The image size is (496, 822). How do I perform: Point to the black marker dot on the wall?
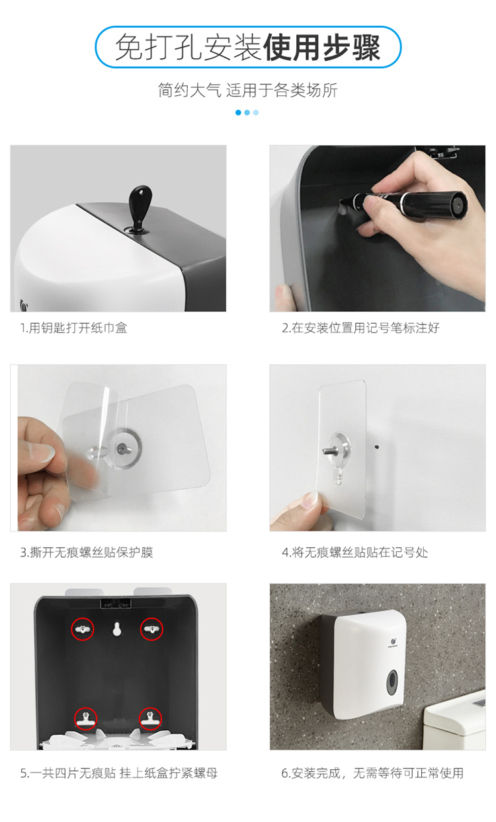tap(376, 447)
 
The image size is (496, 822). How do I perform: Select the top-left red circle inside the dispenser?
tap(82, 629)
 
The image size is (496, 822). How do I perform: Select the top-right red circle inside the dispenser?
tap(151, 629)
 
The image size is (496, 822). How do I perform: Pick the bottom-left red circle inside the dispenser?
tap(85, 718)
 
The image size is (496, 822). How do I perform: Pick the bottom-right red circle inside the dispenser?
tap(150, 718)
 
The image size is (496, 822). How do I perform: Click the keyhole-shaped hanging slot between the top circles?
tap(117, 628)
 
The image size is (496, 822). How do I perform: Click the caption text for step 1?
tap(74, 328)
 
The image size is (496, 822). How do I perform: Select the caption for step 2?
tap(361, 328)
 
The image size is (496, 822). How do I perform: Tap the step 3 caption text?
tap(87, 552)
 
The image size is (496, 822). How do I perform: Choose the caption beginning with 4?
tap(355, 552)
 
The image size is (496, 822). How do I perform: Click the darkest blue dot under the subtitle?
tap(238, 112)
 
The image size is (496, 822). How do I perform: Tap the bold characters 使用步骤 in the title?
tap(322, 48)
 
